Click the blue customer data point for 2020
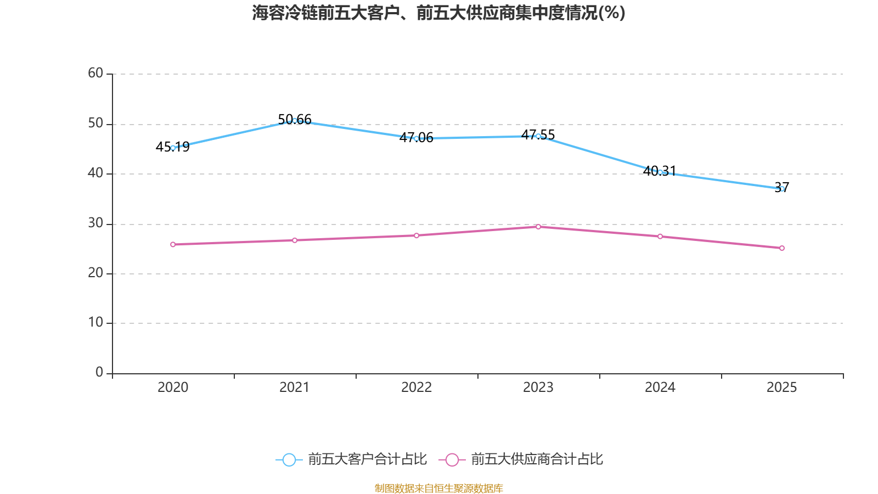click(173, 148)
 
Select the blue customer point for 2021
click(295, 120)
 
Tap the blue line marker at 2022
click(417, 138)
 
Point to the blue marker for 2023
click(538, 136)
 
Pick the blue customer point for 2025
click(782, 189)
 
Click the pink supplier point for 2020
click(173, 244)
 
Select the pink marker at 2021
click(295, 240)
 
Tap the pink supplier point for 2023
click(538, 227)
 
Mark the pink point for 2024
click(660, 237)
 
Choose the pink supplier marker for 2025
click(782, 248)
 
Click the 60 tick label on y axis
click(95, 73)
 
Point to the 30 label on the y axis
click(95, 223)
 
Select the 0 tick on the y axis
click(99, 372)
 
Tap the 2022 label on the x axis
click(417, 388)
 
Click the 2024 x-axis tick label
click(660, 388)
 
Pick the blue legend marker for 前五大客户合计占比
click(289, 459)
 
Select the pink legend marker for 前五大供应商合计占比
click(452, 459)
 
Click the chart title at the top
click(438, 13)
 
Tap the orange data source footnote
click(438, 488)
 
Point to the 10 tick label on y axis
click(95, 322)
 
